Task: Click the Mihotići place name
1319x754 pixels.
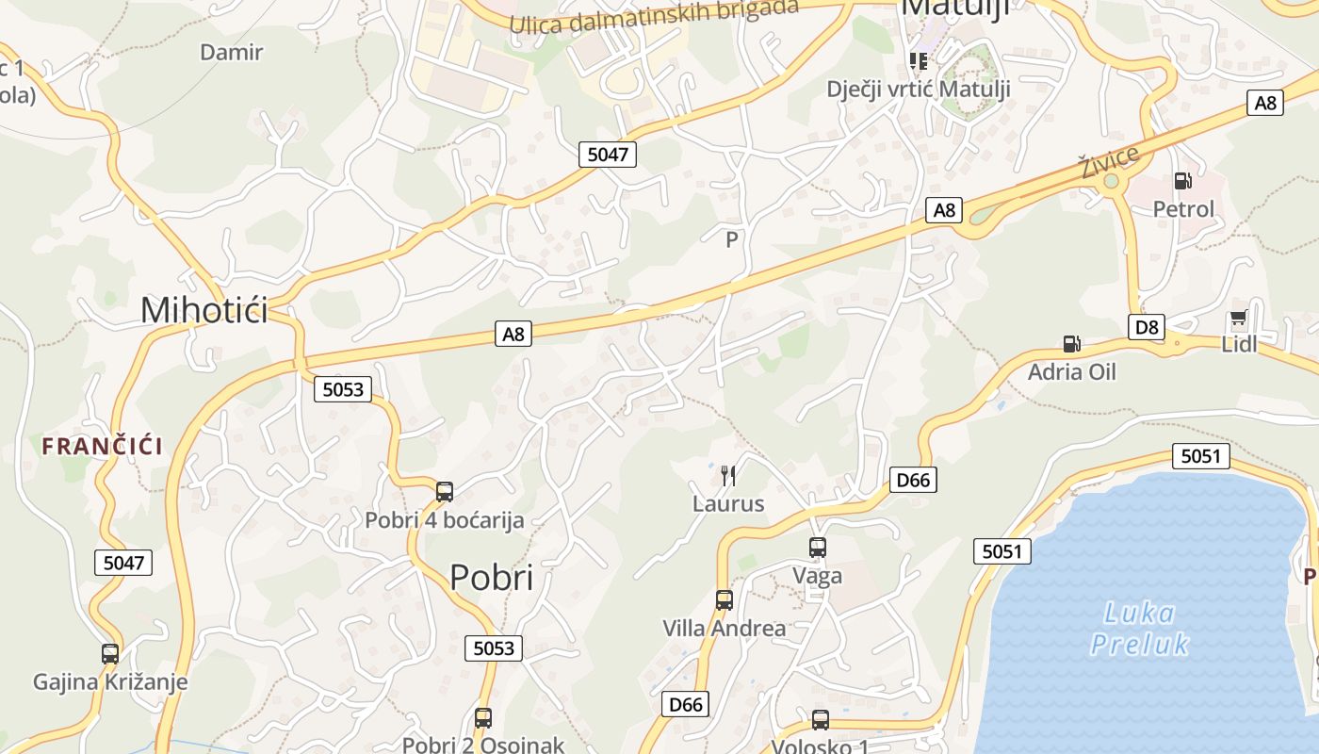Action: click(204, 310)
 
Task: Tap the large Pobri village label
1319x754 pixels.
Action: click(491, 577)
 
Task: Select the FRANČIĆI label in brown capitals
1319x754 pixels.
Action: click(102, 447)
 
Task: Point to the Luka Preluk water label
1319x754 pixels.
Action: click(1138, 629)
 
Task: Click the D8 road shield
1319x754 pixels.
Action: click(1146, 327)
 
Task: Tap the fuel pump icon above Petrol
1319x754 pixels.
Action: click(1182, 180)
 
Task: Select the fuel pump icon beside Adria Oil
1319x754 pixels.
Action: click(1070, 344)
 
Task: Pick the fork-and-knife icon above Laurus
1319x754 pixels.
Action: click(727, 475)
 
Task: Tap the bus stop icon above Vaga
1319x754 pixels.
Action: click(817, 547)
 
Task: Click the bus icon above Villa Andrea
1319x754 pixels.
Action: click(724, 599)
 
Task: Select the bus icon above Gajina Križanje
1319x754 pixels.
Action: click(110, 653)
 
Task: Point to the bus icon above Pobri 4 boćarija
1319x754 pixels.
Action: click(445, 491)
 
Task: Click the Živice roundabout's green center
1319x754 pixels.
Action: click(1112, 181)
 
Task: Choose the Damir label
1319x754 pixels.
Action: click(231, 52)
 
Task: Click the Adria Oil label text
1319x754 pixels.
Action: click(1071, 371)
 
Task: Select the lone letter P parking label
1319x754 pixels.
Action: click(732, 240)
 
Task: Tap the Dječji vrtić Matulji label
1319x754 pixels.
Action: click(918, 89)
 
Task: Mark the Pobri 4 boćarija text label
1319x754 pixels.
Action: click(444, 519)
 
